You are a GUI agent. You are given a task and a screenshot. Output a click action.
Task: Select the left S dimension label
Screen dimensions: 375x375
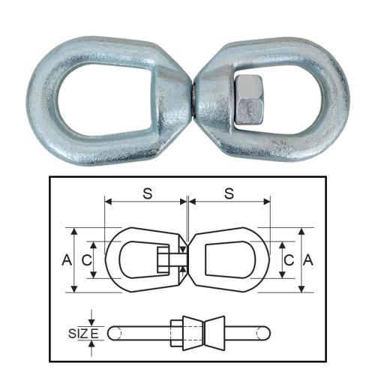147,192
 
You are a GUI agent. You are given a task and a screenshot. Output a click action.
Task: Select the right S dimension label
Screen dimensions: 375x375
229,192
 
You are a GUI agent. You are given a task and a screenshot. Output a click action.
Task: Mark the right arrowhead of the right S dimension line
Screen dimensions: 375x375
267,202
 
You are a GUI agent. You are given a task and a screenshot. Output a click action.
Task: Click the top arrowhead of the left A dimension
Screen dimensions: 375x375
75,230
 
